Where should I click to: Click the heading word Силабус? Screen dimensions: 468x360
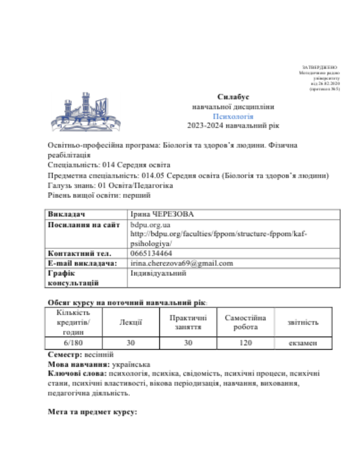pos(233,97)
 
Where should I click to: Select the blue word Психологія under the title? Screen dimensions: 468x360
pos(233,116)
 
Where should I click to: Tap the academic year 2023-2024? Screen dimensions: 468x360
pos(207,126)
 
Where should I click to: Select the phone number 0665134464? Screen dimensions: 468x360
pos(150,253)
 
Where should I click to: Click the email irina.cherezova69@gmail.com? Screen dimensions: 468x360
pos(181,263)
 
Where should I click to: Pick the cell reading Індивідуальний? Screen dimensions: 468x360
pos(158,273)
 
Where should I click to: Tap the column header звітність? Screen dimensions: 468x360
pos(303,323)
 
